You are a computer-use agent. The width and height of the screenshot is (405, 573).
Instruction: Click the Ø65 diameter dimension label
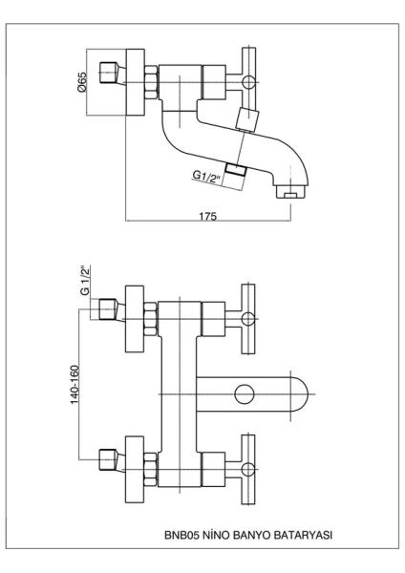[83, 82]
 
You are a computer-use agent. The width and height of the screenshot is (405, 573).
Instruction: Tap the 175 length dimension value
[207, 216]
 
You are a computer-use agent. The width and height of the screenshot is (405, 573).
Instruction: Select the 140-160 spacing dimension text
[75, 385]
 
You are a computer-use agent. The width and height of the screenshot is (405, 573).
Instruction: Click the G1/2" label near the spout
[206, 176]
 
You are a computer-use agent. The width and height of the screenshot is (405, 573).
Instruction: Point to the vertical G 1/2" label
[85, 281]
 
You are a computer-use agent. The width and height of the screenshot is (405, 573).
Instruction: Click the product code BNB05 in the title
[181, 536]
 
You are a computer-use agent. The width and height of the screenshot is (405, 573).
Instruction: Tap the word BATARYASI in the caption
[303, 536]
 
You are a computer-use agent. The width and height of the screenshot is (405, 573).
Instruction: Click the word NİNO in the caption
[216, 536]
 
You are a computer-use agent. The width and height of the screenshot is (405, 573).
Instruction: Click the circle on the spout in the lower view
[245, 394]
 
